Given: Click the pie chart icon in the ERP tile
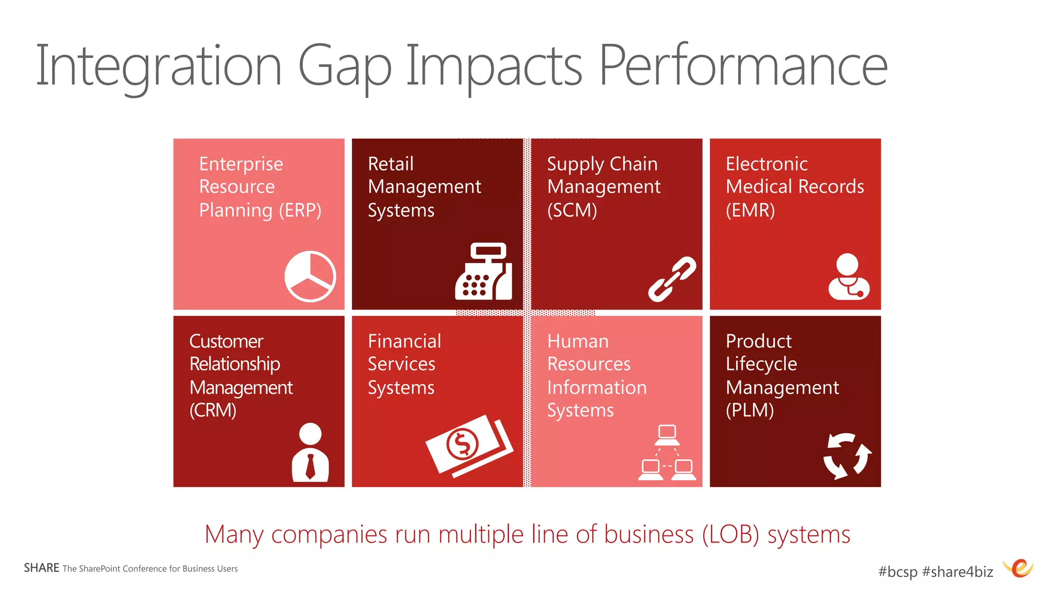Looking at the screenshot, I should pyautogui.click(x=310, y=276).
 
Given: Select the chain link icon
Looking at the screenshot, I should pyautogui.click(x=672, y=279).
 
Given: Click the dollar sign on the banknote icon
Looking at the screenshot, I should pyautogui.click(x=462, y=444).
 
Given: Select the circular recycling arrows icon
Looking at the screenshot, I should pyautogui.click(x=847, y=455).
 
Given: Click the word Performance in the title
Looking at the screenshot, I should pyautogui.click(x=743, y=66).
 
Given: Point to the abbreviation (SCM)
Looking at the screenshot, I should pyautogui.click(x=572, y=210).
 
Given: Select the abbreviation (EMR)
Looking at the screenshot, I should pyautogui.click(x=750, y=210).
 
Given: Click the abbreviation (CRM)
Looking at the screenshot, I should pyautogui.click(x=213, y=410).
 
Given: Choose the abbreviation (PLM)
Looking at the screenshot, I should pyautogui.click(x=750, y=410).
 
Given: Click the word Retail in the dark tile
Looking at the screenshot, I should pyautogui.click(x=390, y=164).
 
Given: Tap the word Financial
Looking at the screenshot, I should pyautogui.click(x=404, y=341).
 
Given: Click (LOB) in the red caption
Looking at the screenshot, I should pyautogui.click(x=730, y=534).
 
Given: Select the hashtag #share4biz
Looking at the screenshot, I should pyautogui.click(x=957, y=571).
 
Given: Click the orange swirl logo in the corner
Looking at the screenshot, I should pyautogui.click(x=1019, y=568).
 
